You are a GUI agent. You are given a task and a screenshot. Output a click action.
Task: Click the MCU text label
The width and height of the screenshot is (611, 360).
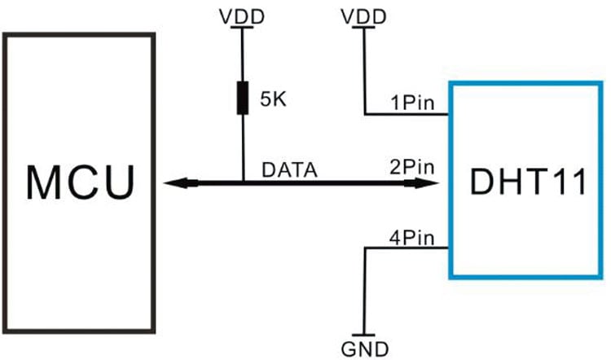(x=79, y=182)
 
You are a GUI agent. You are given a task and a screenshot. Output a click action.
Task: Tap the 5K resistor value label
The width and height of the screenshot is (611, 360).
(x=275, y=101)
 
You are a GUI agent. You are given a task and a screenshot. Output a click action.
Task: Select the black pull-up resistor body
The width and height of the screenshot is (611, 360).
(x=244, y=98)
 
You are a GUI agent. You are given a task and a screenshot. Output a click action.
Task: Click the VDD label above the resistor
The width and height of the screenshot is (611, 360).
(x=244, y=14)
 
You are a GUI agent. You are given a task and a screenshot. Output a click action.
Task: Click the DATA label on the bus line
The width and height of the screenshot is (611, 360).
(x=289, y=171)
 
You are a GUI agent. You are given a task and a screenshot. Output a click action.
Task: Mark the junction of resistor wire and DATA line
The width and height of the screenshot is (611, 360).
(x=244, y=183)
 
